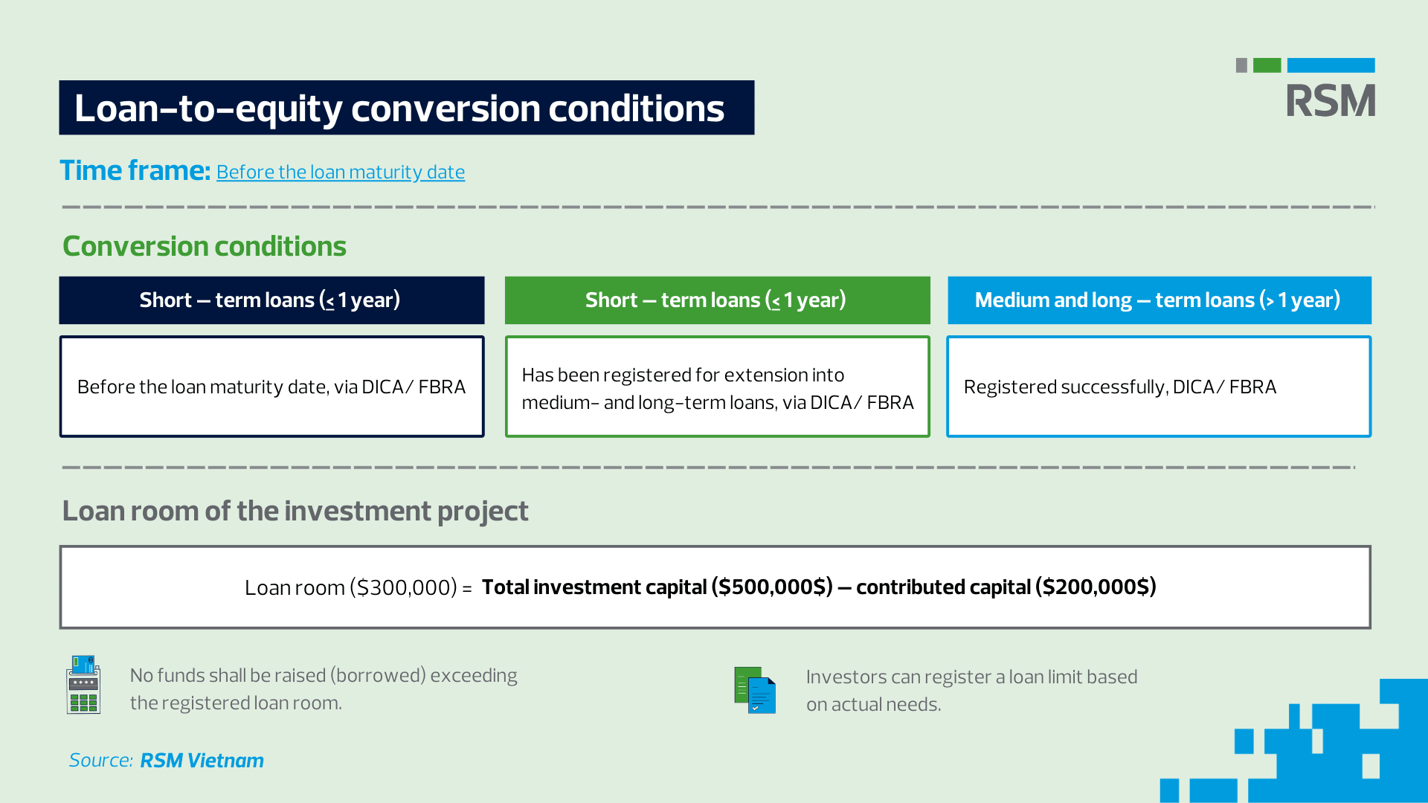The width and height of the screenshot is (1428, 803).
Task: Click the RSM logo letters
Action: click(1331, 100)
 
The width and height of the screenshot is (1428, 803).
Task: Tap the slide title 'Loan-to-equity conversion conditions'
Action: click(399, 109)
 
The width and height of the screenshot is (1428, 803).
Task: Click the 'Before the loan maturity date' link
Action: click(341, 172)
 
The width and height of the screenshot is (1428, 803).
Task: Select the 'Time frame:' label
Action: click(135, 170)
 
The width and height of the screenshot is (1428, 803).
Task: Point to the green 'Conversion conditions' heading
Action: click(205, 246)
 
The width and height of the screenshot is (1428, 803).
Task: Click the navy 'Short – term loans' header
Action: click(271, 300)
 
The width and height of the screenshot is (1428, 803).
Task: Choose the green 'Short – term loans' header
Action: click(717, 300)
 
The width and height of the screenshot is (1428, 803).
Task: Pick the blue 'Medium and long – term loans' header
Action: click(1160, 300)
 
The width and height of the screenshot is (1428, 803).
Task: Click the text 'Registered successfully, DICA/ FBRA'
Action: click(1120, 387)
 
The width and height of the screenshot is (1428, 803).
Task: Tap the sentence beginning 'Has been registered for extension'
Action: click(718, 388)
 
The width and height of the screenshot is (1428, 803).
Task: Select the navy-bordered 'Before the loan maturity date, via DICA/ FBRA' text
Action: click(271, 387)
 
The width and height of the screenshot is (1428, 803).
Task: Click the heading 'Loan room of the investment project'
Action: click(295, 511)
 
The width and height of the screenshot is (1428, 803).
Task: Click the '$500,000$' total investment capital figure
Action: click(772, 587)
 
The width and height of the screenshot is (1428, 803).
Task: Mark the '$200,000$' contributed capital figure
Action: click(1096, 587)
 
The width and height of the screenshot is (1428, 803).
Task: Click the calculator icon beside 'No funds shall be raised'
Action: click(83, 684)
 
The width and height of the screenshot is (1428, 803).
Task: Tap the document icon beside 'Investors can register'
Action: click(755, 690)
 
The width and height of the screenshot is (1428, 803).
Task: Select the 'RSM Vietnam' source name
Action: click(202, 760)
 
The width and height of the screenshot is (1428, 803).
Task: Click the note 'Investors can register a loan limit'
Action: click(971, 690)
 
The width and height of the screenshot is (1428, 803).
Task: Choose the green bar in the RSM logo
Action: click(1267, 65)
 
